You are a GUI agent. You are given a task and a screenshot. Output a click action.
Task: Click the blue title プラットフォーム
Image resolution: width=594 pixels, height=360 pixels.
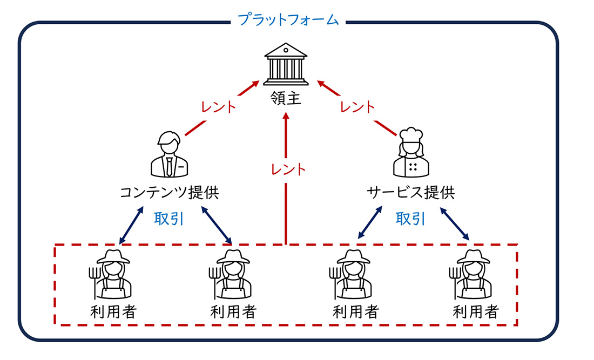click(288, 19)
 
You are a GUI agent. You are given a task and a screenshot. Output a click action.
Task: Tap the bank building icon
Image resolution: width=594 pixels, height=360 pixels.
click(286, 64)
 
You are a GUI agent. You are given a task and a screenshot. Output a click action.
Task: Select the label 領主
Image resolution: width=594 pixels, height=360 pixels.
click(286, 98)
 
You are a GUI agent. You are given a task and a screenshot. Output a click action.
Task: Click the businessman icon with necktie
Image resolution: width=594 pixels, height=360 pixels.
click(169, 154)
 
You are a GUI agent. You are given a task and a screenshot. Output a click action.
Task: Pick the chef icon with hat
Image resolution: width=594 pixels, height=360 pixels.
click(411, 152)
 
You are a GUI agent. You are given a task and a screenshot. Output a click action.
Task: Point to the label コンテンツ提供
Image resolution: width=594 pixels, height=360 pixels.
click(170, 192)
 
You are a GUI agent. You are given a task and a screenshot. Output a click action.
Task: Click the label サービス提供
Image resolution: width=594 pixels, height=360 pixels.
click(410, 192)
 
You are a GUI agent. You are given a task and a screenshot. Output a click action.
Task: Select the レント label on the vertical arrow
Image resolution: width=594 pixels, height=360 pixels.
click(288, 169)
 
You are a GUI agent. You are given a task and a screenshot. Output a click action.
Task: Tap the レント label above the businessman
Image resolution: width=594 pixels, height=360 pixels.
click(218, 107)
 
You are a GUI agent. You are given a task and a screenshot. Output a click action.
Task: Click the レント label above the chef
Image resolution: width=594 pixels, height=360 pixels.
click(357, 107)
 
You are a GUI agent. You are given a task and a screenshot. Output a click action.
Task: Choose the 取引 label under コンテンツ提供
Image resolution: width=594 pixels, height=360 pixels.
click(169, 219)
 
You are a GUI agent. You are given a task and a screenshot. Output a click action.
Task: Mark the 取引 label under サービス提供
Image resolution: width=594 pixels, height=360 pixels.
click(410, 219)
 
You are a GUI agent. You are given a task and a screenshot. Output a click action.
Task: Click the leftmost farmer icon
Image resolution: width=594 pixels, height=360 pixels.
click(111, 274)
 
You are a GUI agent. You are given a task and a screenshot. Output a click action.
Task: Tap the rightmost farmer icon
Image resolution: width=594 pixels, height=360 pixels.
click(470, 274)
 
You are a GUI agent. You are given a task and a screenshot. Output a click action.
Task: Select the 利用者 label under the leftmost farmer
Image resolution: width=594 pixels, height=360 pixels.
click(113, 312)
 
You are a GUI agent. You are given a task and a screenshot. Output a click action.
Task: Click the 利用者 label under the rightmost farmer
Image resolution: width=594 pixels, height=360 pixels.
click(476, 312)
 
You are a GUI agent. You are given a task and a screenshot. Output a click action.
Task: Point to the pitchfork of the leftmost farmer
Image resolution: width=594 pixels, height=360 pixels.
click(94, 282)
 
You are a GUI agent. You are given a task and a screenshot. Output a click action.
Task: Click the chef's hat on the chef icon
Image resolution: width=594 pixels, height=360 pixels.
click(411, 134)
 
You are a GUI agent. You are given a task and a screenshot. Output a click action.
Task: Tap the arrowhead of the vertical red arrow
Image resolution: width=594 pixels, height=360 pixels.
click(286, 116)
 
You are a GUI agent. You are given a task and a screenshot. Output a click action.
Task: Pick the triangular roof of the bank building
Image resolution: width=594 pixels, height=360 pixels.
click(286, 50)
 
